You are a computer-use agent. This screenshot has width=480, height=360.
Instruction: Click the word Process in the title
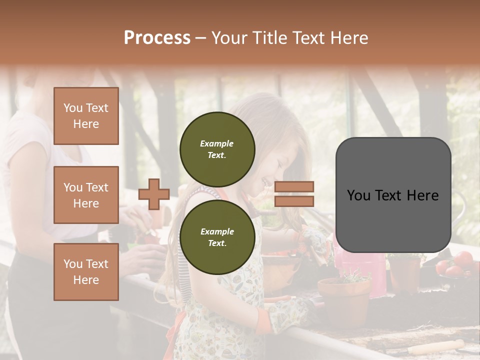pyautogui.click(x=157, y=37)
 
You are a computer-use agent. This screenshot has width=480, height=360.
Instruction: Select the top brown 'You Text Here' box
pyautogui.click(x=86, y=116)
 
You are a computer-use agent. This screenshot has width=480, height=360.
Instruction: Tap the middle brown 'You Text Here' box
pyautogui.click(x=86, y=195)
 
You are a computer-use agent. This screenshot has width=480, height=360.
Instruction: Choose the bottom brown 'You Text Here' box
pyautogui.click(x=86, y=271)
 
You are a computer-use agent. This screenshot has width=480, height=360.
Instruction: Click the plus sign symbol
pyautogui.click(x=154, y=194)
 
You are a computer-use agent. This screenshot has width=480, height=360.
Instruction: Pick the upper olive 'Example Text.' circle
pyautogui.click(x=217, y=149)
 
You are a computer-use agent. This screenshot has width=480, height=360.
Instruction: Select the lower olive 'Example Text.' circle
pyautogui.click(x=217, y=237)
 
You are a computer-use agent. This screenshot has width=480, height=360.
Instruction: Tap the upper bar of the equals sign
pyautogui.click(x=294, y=186)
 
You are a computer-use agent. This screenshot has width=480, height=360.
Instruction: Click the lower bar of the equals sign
pyautogui.click(x=294, y=201)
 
